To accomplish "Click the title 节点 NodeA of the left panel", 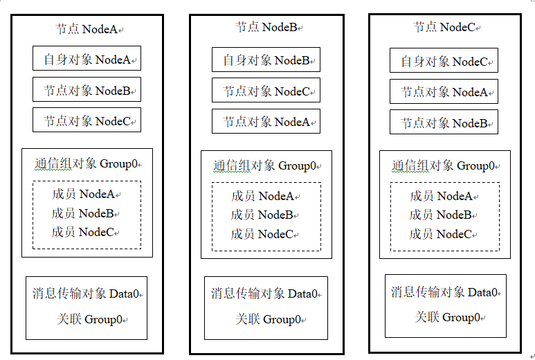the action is [87, 29].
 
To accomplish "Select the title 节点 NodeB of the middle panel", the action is [266, 27].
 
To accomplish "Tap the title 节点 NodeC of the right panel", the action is [444, 27].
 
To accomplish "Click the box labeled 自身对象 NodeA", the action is [87, 58].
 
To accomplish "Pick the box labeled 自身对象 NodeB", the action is [266, 60].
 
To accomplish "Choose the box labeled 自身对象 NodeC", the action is [444, 60].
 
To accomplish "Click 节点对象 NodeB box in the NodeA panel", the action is [87, 89].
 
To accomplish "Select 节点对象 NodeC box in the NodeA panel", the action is [87, 120].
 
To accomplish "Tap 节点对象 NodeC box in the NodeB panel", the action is [266, 90].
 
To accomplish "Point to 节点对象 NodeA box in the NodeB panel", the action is [266, 121].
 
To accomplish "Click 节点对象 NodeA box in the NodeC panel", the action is [444, 91].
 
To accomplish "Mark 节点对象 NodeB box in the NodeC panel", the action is [444, 122].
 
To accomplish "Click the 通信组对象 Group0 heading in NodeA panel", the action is [86, 164].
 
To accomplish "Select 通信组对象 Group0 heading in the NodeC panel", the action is [443, 166].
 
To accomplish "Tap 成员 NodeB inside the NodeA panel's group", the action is [82, 213].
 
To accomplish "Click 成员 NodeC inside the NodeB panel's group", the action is [262, 234].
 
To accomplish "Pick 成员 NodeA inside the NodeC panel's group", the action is [441, 196].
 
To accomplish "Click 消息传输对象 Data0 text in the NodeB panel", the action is [264, 294].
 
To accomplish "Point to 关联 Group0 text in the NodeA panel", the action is [90, 319].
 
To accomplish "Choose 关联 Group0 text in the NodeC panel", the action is [448, 317].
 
